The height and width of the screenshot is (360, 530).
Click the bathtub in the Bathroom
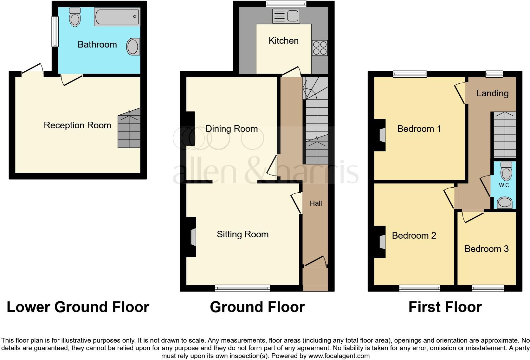(117, 17)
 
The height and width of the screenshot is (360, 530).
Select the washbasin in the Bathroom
(133, 47)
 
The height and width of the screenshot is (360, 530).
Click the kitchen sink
(286, 16)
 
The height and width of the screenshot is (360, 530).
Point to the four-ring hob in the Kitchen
(320, 48)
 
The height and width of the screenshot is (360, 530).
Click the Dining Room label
(231, 129)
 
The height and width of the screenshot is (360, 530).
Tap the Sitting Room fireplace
(193, 237)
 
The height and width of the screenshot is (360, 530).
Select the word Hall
(316, 203)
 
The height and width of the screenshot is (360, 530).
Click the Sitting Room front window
(242, 288)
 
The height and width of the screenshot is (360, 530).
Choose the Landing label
(492, 93)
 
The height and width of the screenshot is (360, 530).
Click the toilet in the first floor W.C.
(506, 171)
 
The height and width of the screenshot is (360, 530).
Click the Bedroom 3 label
(486, 249)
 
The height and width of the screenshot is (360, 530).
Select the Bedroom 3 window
(488, 288)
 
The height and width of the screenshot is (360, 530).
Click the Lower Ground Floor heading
(78, 307)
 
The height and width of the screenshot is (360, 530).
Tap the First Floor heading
(445, 307)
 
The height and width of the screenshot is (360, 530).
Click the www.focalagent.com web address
(339, 356)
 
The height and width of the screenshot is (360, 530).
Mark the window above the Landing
(494, 74)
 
